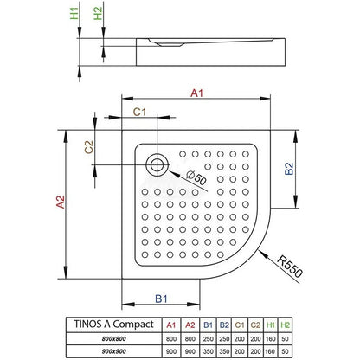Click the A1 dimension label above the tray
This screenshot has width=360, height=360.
pos(197,93)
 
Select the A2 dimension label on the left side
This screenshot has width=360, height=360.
pos(61,202)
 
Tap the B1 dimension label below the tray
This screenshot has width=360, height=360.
pos(161,299)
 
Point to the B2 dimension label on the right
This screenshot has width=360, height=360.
pos(289,169)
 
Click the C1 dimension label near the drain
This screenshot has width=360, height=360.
pos(139,112)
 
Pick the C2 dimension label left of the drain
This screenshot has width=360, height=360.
pos(89,147)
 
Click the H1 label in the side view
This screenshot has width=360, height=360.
pos(74,14)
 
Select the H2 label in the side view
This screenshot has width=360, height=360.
pos(98,13)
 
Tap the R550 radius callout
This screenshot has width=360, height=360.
pos(290,267)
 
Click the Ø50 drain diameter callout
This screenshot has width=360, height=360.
pos(196,177)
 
